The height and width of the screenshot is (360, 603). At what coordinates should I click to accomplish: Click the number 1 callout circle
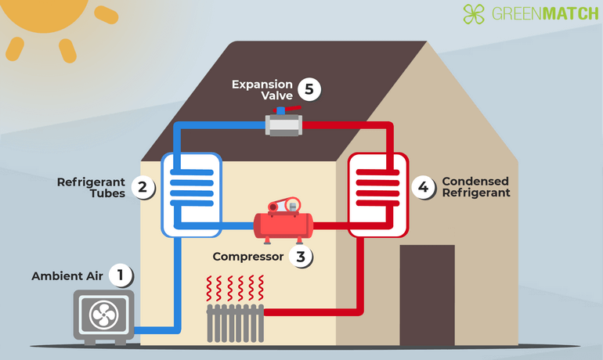click(x=121, y=275)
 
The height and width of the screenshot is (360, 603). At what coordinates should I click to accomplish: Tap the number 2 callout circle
click(x=143, y=187)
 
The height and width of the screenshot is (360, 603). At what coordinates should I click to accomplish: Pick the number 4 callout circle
click(x=424, y=187)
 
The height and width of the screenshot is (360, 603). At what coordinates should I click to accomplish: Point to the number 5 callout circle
click(x=310, y=89)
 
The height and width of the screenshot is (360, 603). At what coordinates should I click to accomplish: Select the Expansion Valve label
click(x=262, y=90)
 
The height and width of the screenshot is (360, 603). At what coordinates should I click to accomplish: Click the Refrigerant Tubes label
click(x=91, y=188)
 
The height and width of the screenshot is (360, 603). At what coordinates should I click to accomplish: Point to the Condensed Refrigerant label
click(x=476, y=187)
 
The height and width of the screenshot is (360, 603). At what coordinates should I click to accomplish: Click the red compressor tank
click(x=283, y=225)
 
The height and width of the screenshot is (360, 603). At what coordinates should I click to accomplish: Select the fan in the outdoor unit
click(x=104, y=315)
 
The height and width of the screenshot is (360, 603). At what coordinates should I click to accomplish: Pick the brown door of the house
click(x=427, y=293)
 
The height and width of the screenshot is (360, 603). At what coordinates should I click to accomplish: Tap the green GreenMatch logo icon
click(x=474, y=14)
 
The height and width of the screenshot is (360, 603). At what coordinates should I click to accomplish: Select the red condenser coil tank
click(x=377, y=193)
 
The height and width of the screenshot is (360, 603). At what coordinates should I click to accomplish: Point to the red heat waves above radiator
click(x=235, y=288)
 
